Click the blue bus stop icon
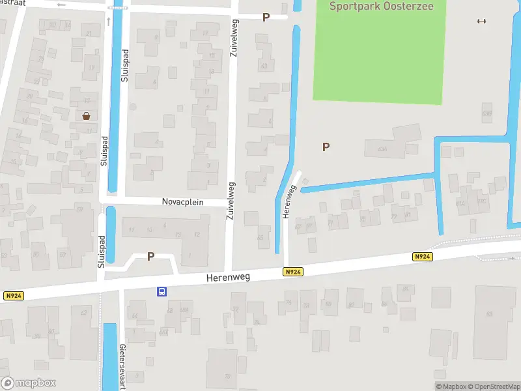pos(160,292)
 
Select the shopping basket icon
pos(86,116)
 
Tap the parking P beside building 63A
pos(326,147)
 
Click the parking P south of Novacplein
pos(150,257)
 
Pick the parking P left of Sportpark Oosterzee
pos(265,17)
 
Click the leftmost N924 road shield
pos(12,296)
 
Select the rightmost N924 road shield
pos(422,257)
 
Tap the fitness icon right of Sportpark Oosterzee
pos(481,21)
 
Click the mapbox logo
pos(28,383)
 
